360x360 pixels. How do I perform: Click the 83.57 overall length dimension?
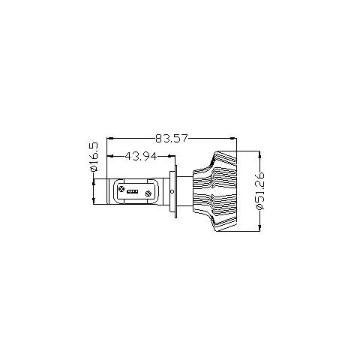[171, 138]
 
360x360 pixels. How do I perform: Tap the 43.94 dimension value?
[141, 156]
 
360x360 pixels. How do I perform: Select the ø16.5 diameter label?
[94, 157]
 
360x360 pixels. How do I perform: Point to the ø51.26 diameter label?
[260, 190]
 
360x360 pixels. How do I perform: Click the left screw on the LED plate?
[121, 189]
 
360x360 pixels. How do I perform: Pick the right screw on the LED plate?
[148, 193]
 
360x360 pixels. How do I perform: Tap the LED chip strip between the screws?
[133, 192]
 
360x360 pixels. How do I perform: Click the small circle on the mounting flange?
[172, 192]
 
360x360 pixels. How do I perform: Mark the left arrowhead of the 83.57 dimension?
[110, 138]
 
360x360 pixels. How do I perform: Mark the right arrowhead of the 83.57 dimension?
[233, 138]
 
